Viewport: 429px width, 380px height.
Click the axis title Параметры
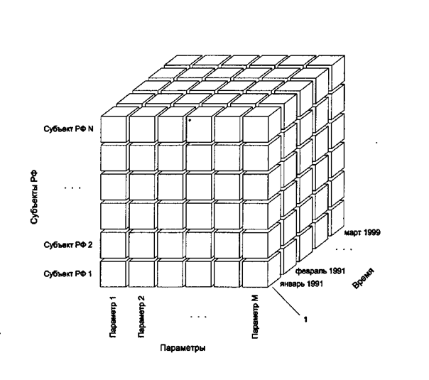coord(183,349)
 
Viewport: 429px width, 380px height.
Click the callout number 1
coord(305,320)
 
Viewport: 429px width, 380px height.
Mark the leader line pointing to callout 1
coord(283,303)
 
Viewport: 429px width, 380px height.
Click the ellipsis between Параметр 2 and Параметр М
coord(198,315)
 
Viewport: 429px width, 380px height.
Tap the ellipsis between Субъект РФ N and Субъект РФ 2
coord(72,189)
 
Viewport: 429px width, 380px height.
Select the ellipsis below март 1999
coord(344,249)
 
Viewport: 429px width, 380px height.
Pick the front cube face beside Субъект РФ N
coord(114,129)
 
